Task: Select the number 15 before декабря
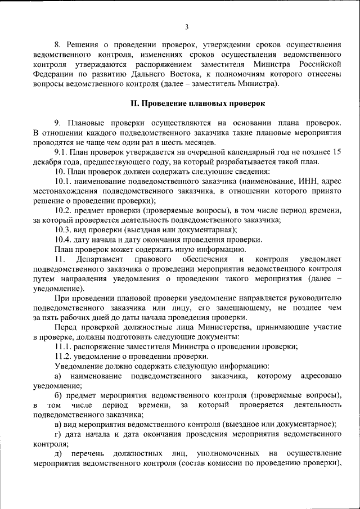click(337, 152)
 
